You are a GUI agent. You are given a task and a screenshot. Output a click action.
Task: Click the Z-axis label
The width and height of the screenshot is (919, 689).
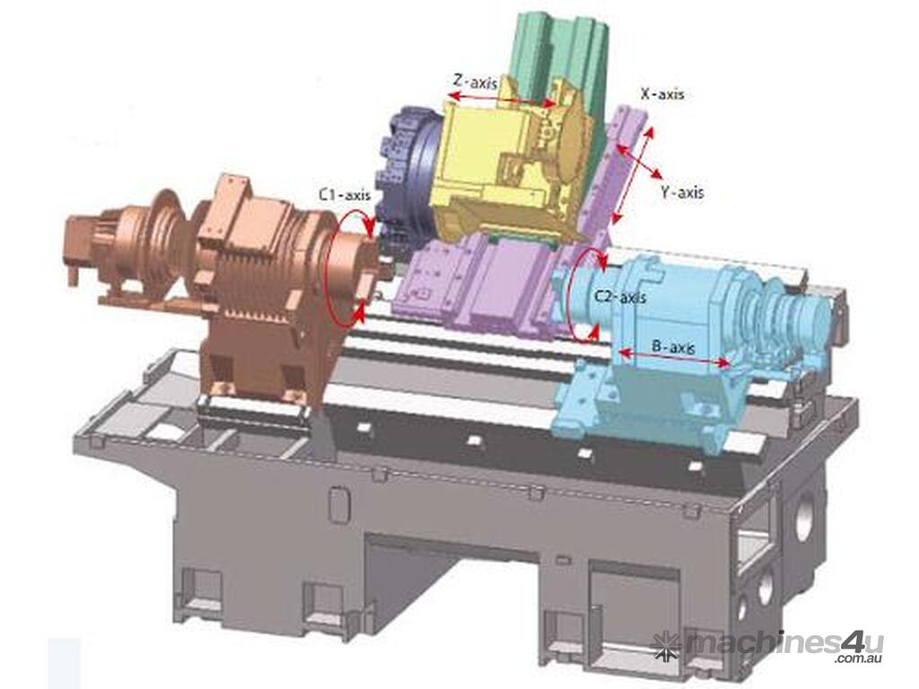476,81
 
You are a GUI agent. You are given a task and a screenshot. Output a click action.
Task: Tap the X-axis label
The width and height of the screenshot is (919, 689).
661,93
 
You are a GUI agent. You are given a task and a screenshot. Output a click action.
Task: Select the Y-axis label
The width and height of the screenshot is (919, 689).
682,192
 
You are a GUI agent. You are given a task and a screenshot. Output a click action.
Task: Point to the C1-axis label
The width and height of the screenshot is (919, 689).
345,195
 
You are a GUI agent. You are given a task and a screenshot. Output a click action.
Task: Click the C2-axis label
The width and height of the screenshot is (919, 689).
620,297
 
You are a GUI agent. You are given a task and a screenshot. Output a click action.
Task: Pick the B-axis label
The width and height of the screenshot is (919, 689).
673,347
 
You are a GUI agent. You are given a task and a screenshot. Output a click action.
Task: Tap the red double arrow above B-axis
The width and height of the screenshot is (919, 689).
675,358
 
